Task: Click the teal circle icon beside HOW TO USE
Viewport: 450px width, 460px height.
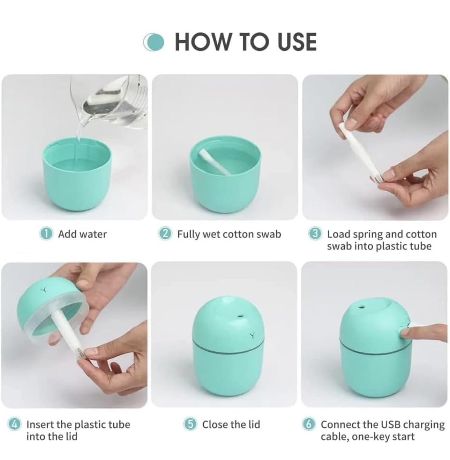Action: [x=154, y=42]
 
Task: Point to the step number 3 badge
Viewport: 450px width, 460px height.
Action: [x=315, y=234]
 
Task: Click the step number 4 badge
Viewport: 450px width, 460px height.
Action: [x=14, y=424]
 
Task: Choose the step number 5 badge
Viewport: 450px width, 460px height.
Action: [x=190, y=424]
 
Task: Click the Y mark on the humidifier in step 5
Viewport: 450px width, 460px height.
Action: [x=252, y=335]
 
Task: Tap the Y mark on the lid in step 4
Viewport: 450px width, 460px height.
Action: [x=44, y=289]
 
